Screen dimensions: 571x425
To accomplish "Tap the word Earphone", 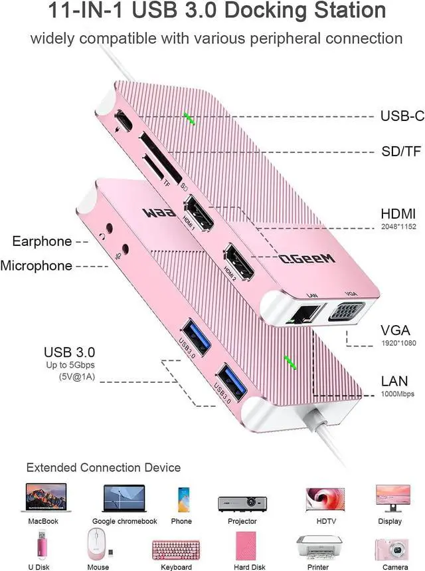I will [41, 241].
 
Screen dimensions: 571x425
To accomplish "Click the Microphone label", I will [36, 265].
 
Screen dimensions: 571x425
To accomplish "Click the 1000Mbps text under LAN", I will [398, 394].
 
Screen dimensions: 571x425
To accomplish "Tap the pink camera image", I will [390, 548].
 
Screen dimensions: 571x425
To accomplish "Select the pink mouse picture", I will [99, 544].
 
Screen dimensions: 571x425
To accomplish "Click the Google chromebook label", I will [125, 521].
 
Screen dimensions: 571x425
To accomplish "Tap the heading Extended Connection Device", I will [103, 467].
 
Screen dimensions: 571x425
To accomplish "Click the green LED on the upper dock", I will [189, 118].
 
